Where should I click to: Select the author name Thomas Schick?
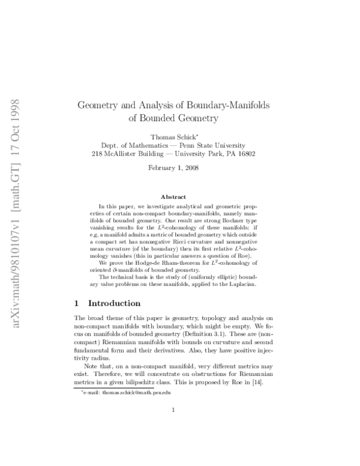pyautogui.click(x=173, y=138)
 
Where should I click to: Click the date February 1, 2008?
pyautogui.click(x=173, y=168)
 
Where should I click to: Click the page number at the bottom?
pyautogui.click(x=173, y=427)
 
